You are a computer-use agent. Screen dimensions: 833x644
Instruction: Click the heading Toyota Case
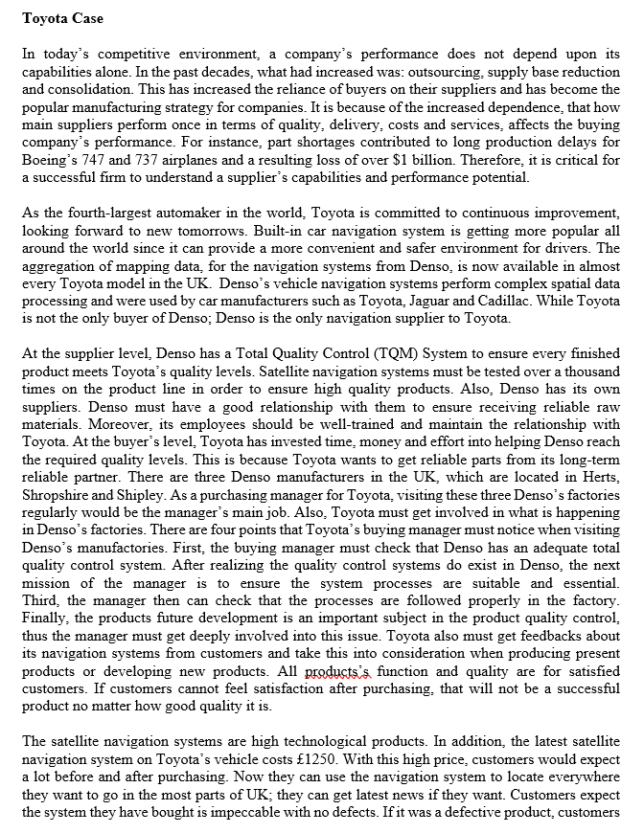62,18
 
